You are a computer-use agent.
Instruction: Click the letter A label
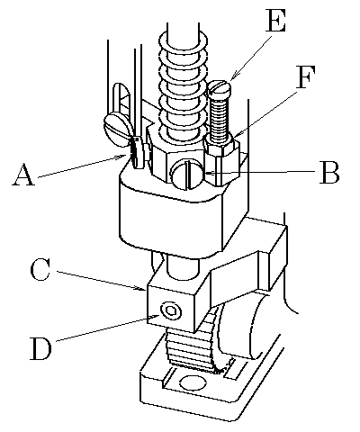pos(23,175)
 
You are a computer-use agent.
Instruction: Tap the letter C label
pos(40,271)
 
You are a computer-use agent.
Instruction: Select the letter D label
pos(40,349)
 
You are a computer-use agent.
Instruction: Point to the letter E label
pos(276,21)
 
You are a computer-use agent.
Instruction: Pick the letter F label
pos(306,77)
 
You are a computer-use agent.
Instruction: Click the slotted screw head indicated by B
pos(187,175)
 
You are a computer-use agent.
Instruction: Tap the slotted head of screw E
pos(220,89)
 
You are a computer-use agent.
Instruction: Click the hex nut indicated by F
pos(222,146)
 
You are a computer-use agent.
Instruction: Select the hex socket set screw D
pos(171,311)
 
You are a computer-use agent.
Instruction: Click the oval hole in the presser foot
pos(193,383)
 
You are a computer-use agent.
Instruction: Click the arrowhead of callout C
pos(143,289)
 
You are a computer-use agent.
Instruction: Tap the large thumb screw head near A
pos(118,130)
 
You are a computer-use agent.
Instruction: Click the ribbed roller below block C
pos(192,345)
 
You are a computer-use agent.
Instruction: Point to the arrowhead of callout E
pos(233,76)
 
